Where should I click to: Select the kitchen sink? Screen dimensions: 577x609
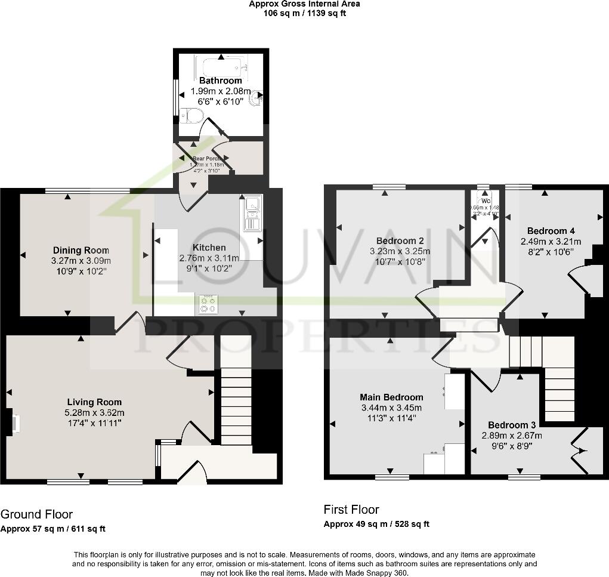[251, 213]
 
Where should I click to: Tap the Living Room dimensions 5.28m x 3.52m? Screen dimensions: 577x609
[94, 412]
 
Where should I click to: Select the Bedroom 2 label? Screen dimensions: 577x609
[400, 241]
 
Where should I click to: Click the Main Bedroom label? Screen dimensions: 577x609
[391, 397]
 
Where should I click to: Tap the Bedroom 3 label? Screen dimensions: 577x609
[512, 425]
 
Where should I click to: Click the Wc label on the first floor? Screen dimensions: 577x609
[486, 201]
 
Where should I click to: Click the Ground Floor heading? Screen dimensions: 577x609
[36, 514]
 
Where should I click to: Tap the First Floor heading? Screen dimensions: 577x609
[351, 510]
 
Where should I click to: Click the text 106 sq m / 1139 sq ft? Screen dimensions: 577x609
[304, 13]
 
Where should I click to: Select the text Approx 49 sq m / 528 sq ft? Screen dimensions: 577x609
[376, 524]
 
